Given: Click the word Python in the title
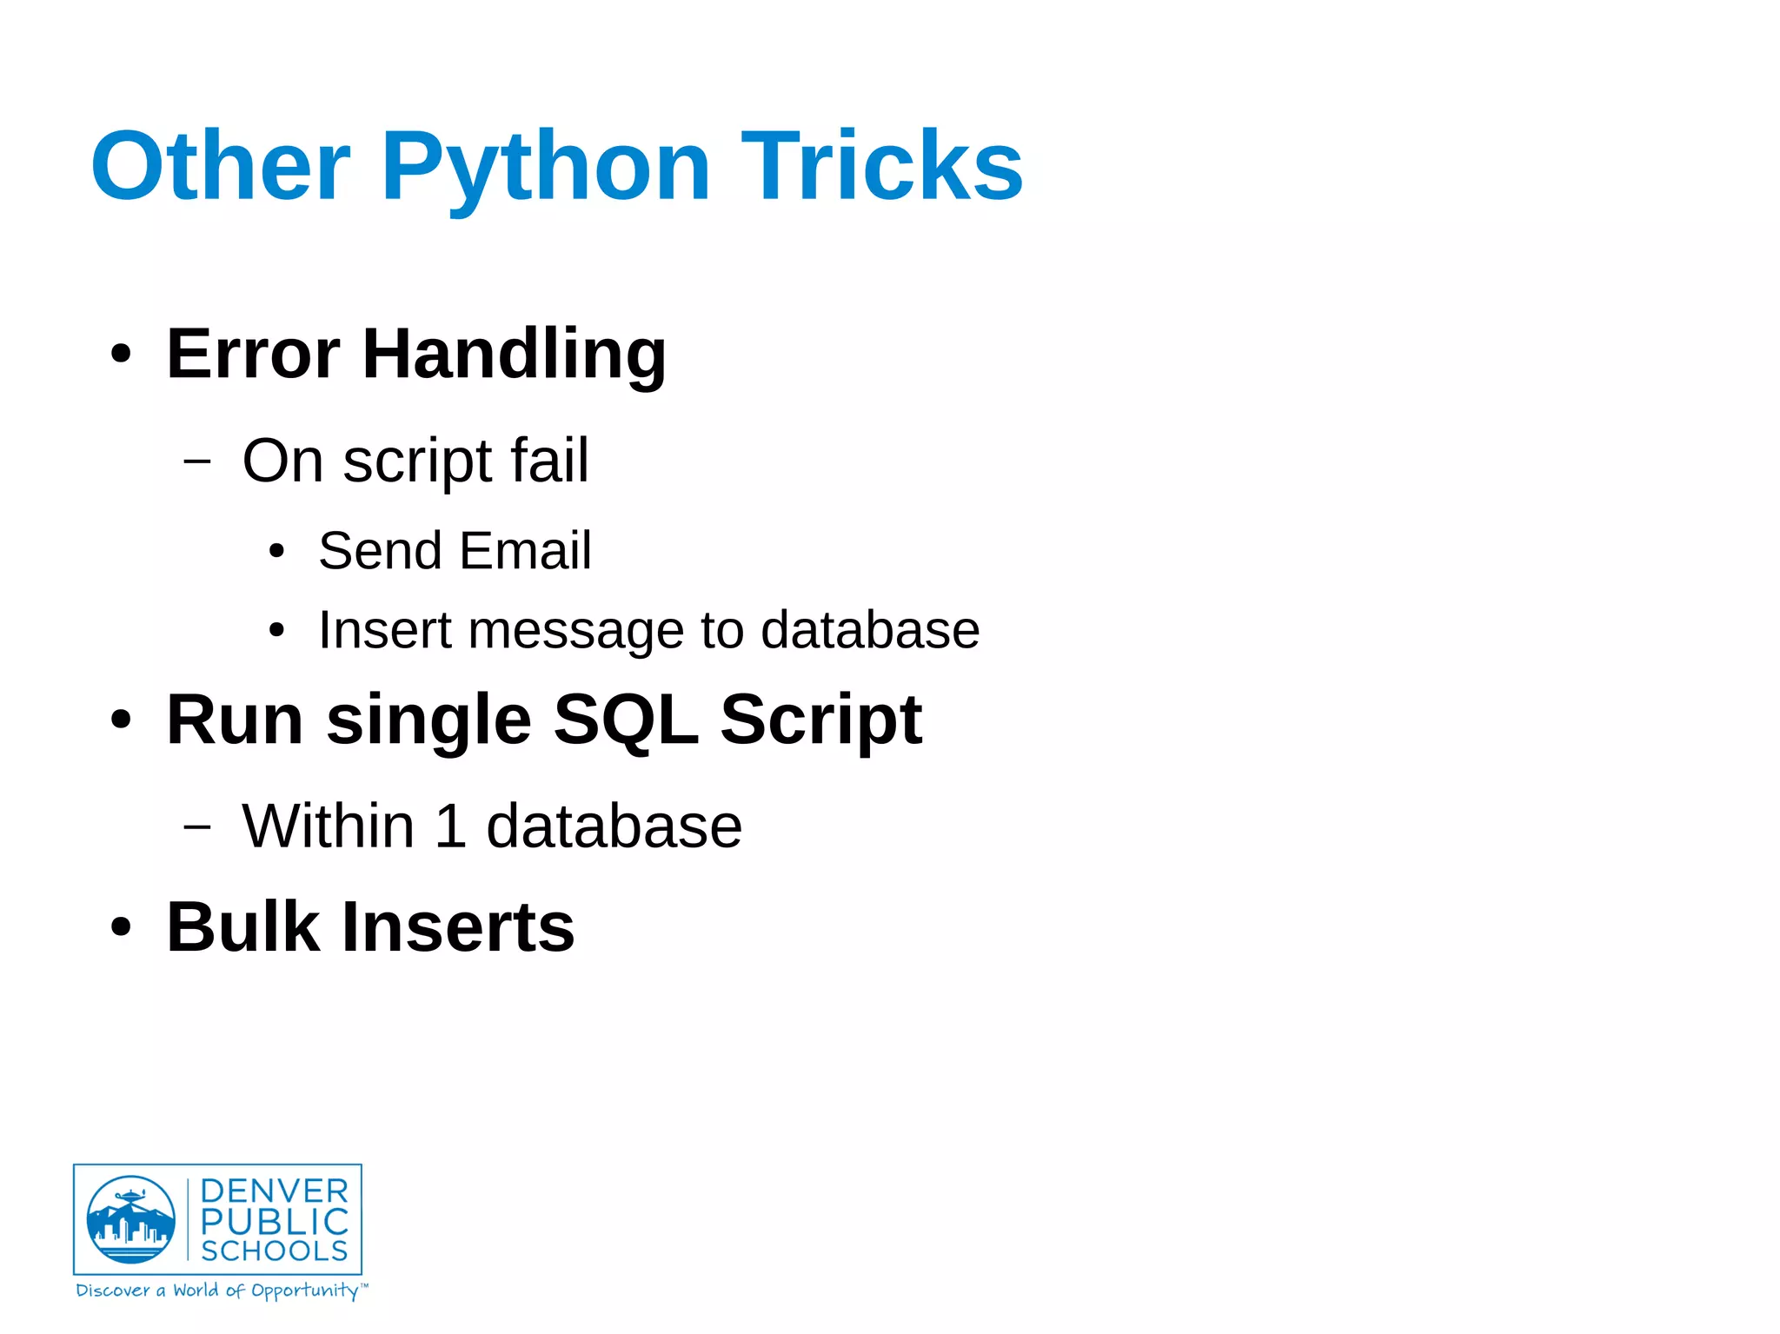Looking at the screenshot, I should [x=545, y=167].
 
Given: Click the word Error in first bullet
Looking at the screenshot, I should [x=253, y=354].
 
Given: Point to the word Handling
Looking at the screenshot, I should [x=514, y=355].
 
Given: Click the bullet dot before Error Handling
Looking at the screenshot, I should [x=121, y=355].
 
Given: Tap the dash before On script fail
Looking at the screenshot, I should [x=197, y=461].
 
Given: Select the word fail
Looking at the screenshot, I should [x=548, y=460].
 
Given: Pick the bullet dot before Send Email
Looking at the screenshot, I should [x=276, y=551].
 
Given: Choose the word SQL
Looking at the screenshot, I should [x=625, y=720].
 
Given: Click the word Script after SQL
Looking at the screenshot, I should [x=820, y=721].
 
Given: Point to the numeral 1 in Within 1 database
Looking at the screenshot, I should [x=450, y=826].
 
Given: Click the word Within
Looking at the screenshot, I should [x=328, y=826].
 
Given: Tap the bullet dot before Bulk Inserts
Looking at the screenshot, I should [x=121, y=927].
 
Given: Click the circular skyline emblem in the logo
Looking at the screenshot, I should [x=130, y=1219].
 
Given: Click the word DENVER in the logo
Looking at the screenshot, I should [x=274, y=1191].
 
